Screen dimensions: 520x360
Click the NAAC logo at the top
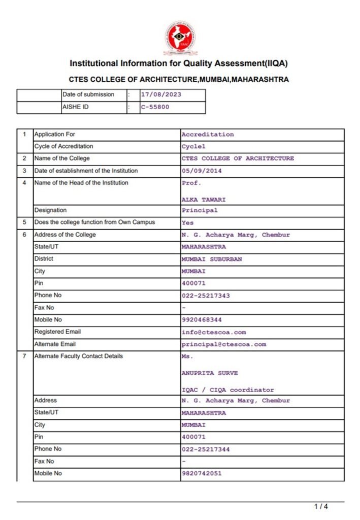(x=180, y=38)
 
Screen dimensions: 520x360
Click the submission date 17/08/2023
(x=161, y=94)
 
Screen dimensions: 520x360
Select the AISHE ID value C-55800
(x=155, y=107)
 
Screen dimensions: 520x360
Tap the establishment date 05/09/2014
(x=202, y=171)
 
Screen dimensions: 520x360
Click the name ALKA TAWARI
(x=204, y=200)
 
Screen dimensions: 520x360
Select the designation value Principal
(x=200, y=210)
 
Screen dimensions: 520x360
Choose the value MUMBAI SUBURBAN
(x=212, y=259)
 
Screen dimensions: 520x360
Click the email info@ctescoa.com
(x=214, y=332)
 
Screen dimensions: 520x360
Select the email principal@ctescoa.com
(x=224, y=344)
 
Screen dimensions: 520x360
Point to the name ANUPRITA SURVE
(x=210, y=373)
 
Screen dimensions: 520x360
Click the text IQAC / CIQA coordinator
(x=228, y=390)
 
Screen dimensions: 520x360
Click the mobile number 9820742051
(x=202, y=473)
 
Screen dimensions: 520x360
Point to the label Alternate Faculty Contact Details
(x=78, y=356)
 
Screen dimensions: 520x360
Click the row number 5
(x=24, y=222)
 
